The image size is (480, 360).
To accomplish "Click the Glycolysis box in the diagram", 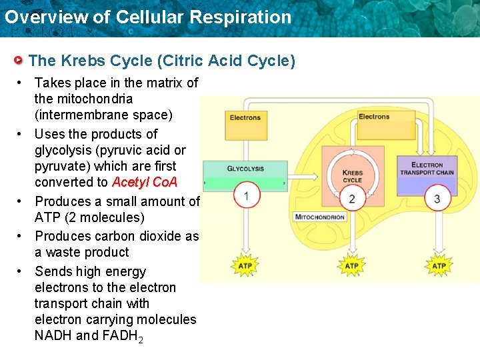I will (x=245, y=169).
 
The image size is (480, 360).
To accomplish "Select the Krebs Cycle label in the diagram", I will (x=352, y=176).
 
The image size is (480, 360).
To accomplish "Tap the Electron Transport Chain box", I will (x=427, y=169).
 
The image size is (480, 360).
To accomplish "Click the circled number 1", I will (x=246, y=196).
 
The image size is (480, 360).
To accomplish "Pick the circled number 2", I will (x=352, y=199).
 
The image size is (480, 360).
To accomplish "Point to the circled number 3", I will (x=437, y=199).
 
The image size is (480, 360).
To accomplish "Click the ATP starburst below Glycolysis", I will (x=245, y=266).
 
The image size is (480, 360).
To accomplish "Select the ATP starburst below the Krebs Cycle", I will (x=352, y=266).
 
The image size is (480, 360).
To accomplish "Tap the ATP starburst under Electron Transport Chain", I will (x=438, y=266).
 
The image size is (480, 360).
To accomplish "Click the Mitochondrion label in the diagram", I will (x=320, y=217).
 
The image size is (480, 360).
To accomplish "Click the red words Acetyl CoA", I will (x=145, y=183).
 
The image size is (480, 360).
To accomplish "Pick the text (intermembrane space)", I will (x=103, y=115).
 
